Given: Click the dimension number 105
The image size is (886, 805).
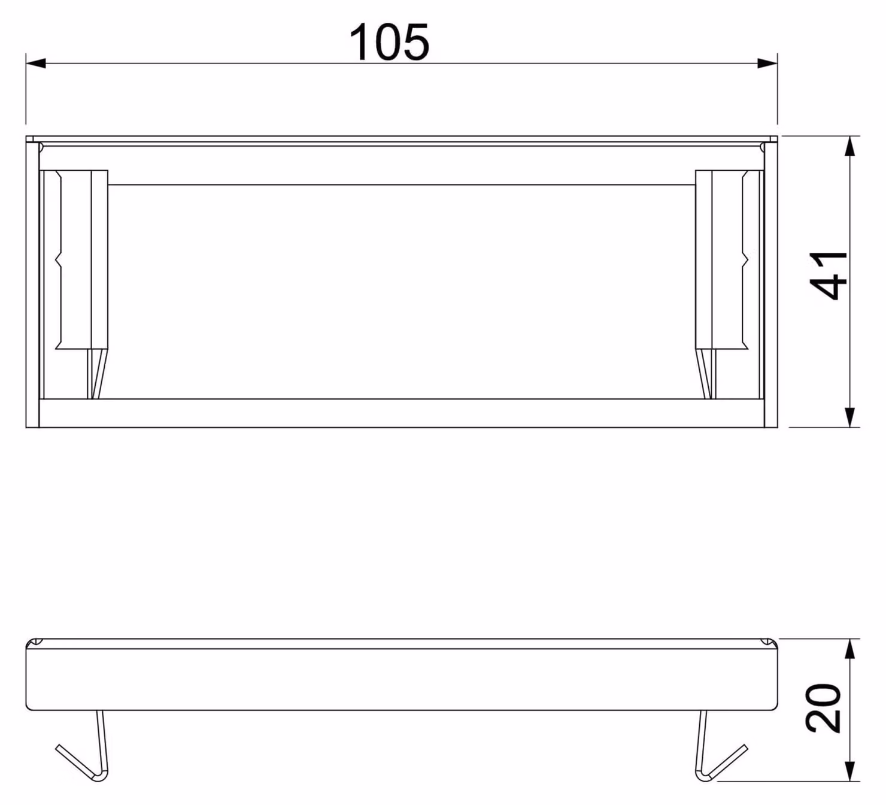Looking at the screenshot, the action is [389, 42].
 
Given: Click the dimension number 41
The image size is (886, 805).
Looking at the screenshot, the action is [828, 276].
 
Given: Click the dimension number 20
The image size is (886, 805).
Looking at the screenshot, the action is [823, 708].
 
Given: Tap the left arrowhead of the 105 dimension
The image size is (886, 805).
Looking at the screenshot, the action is [35, 63].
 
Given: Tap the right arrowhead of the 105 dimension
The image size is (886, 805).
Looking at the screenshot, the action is [767, 63].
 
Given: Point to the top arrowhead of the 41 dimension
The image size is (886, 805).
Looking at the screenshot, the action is [850, 146].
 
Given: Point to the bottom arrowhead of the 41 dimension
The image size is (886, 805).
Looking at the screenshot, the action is [850, 417].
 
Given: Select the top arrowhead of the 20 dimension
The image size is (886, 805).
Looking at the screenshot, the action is [850, 649].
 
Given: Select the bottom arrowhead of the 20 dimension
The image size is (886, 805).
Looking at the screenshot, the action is [850, 771].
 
